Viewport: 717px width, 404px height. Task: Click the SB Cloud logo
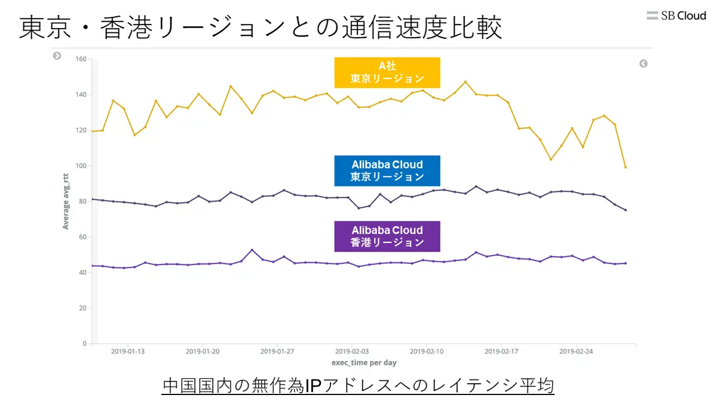(676, 16)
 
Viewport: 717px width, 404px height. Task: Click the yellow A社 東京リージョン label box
(387, 72)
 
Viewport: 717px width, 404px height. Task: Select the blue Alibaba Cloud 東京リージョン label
(387, 171)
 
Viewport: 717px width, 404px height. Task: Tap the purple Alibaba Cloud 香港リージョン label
(387, 236)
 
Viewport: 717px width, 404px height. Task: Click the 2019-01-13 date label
(128, 352)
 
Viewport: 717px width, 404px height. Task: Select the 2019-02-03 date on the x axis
(352, 352)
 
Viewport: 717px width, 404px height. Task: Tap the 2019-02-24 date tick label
(576, 352)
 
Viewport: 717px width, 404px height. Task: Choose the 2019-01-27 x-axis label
(277, 352)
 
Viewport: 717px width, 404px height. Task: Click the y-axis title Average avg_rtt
(66, 201)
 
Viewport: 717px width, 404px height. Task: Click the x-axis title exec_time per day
(364, 363)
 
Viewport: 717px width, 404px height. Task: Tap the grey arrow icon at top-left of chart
(57, 56)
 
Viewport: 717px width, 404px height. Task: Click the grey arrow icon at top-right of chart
(644, 63)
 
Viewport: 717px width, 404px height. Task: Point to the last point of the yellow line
(626, 167)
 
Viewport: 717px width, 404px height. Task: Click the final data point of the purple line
(626, 263)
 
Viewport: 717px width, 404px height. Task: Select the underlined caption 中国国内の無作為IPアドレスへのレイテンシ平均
(358, 386)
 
